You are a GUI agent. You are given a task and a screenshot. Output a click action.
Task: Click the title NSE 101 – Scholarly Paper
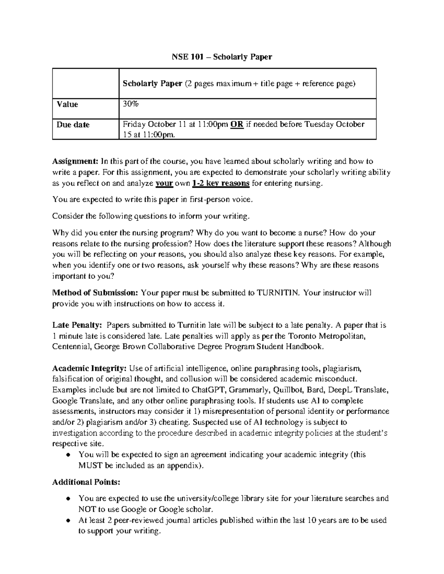[x=222, y=57]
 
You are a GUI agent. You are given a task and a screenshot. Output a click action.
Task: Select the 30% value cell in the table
[x=131, y=104]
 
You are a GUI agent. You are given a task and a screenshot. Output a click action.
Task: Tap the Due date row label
[x=73, y=125]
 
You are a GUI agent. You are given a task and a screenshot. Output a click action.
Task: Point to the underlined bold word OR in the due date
[x=236, y=124]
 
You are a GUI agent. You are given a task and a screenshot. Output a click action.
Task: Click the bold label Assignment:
[x=75, y=161]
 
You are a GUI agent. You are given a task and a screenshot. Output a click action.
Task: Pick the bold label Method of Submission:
[x=95, y=293]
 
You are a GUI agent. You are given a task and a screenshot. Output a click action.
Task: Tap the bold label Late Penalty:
[x=77, y=325]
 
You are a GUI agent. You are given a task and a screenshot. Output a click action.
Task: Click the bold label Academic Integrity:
[x=90, y=368]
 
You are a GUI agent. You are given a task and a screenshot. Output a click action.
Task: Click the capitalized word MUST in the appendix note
[x=90, y=465]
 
